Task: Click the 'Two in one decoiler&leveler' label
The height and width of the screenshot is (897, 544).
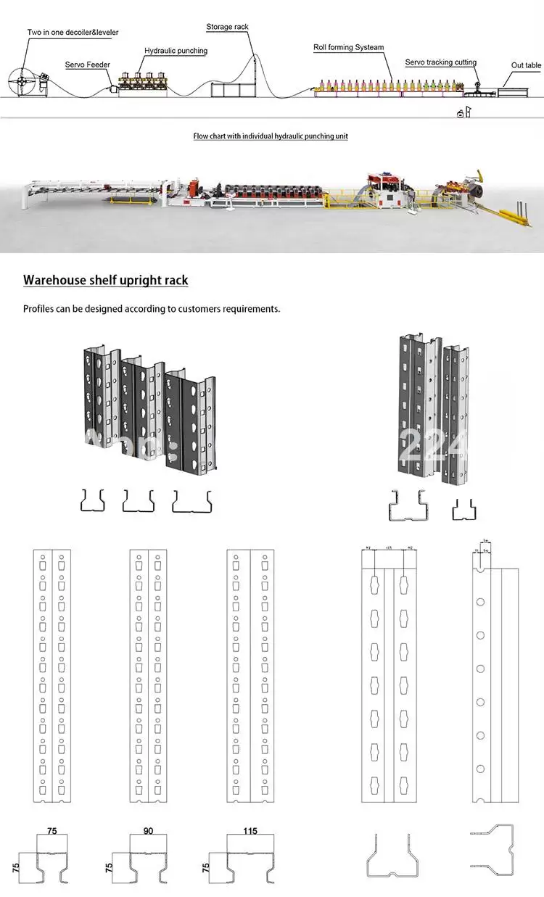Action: (x=73, y=33)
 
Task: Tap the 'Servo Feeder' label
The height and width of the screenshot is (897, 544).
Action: (x=88, y=65)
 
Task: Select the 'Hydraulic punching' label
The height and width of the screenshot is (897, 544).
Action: (x=176, y=51)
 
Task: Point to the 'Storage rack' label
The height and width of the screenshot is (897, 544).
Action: (x=227, y=27)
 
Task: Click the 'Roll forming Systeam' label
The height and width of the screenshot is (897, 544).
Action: (x=348, y=47)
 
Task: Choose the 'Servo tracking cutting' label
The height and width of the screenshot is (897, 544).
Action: (x=440, y=62)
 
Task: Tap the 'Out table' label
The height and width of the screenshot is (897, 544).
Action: (x=526, y=65)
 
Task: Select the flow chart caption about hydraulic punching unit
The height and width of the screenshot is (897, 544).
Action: (x=271, y=136)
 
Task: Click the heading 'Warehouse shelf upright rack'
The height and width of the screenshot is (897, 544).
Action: (x=106, y=280)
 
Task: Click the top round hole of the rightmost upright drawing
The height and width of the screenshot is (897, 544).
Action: (x=480, y=601)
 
